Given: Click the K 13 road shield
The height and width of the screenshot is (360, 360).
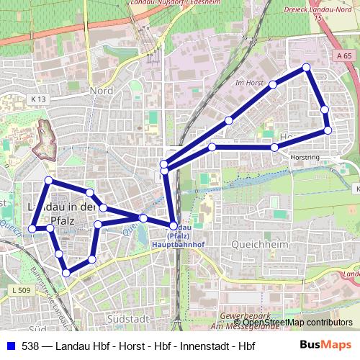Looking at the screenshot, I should click(x=38, y=99).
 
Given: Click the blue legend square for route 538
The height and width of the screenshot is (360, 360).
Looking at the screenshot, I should click(x=11, y=346).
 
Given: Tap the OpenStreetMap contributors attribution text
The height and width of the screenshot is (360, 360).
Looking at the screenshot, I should click(x=297, y=322).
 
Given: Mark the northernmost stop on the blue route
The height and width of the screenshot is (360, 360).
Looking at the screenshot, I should click(x=307, y=67).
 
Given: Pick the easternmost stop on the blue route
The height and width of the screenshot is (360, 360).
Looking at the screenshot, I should click(x=328, y=130).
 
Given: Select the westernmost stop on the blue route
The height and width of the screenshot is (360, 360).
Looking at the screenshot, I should click(x=32, y=229).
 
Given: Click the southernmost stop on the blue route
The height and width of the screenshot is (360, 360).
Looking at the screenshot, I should click(x=66, y=272).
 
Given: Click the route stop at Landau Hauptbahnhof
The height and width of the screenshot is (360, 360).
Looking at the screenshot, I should click(x=174, y=226).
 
